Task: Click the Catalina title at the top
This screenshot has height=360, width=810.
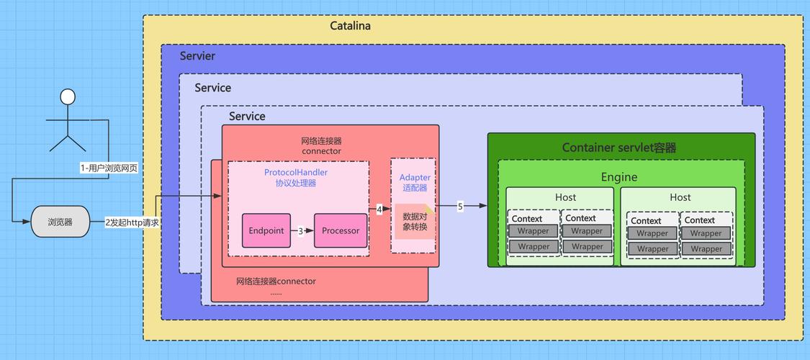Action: pyautogui.click(x=350, y=26)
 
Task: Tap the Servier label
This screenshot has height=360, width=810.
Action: pyautogui.click(x=197, y=55)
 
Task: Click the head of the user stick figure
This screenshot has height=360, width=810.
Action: pyautogui.click(x=68, y=96)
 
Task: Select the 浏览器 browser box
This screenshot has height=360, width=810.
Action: pyautogui.click(x=60, y=222)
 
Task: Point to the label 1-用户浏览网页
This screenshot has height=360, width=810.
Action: pyautogui.click(x=109, y=168)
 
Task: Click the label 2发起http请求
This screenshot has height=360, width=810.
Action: pyautogui.click(x=132, y=222)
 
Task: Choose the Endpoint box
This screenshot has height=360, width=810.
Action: pyautogui.click(x=266, y=231)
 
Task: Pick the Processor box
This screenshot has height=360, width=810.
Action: pyautogui.click(x=341, y=231)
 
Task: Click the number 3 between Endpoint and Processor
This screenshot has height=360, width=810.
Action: pyautogui.click(x=301, y=231)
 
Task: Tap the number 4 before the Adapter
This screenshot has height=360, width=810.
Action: pyautogui.click(x=379, y=209)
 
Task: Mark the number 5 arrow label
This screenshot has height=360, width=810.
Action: pyautogui.click(x=460, y=207)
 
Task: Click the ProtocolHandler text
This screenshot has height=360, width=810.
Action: pyautogui.click(x=296, y=172)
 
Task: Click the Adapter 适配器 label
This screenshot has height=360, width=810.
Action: pyautogui.click(x=415, y=182)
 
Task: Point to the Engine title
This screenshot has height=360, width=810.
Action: pyautogui.click(x=619, y=177)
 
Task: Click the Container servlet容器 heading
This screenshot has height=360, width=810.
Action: pyautogui.click(x=619, y=148)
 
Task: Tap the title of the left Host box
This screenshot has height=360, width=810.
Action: pyautogui.click(x=565, y=197)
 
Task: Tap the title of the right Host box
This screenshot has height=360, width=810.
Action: pyautogui.click(x=680, y=197)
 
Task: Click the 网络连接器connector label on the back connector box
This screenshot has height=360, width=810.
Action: pyautogui.click(x=276, y=281)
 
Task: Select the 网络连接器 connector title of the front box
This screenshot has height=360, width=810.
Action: pyautogui.click(x=321, y=145)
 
